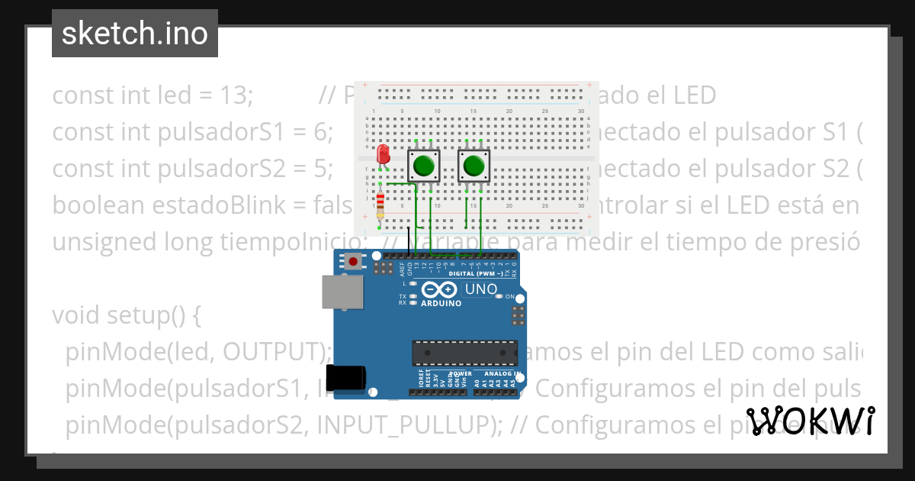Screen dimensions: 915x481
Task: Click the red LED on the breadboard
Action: (384, 153)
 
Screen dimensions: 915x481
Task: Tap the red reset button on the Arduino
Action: (353, 262)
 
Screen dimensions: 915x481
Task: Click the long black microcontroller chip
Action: (465, 353)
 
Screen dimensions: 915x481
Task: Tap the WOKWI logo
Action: (811, 421)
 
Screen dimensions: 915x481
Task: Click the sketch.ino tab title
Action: (134, 34)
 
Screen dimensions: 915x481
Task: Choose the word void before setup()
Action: (74, 315)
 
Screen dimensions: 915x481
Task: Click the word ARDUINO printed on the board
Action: (440, 303)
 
